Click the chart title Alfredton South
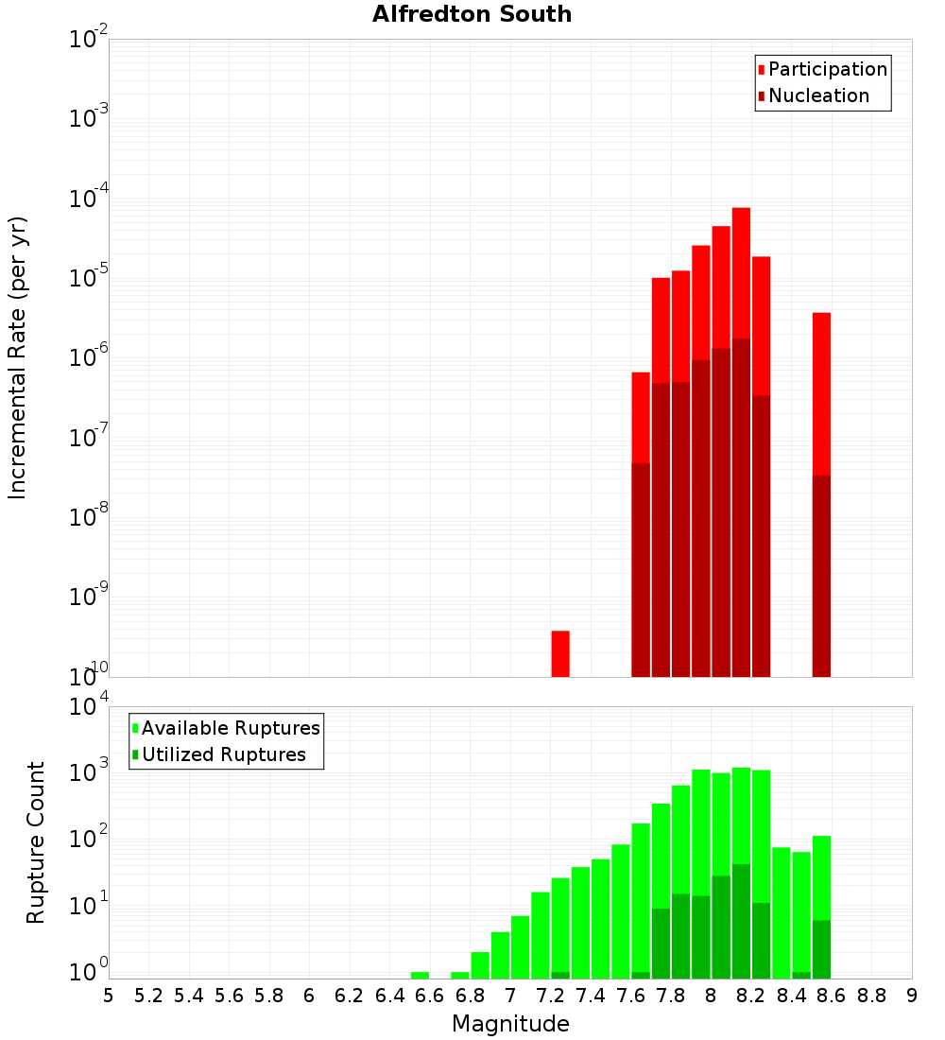click(472, 14)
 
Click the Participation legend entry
click(827, 69)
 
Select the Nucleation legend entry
click(817, 95)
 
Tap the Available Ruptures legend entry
click(230, 728)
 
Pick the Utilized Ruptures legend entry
click(223, 754)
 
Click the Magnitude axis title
click(510, 1024)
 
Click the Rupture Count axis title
click(36, 841)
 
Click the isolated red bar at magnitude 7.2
click(560, 653)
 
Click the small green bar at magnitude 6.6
click(420, 975)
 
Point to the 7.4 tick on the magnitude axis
click(591, 996)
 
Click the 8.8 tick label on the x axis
click(871, 996)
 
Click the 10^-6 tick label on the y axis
click(88, 357)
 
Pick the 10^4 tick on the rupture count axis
click(88, 706)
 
